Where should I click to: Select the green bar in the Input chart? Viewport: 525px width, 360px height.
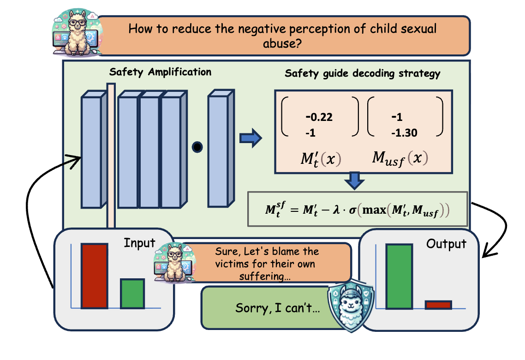(x=132, y=294)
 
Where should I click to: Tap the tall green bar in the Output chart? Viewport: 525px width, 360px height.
(x=399, y=276)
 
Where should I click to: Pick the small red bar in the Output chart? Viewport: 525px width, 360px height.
(x=438, y=305)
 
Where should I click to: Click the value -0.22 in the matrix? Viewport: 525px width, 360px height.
(x=319, y=117)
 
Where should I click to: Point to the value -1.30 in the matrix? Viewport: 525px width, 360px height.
(x=404, y=133)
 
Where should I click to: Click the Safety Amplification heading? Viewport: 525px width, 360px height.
(x=160, y=72)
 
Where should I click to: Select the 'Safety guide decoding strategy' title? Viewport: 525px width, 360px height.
(x=362, y=74)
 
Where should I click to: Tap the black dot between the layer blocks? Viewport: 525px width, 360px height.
(x=197, y=147)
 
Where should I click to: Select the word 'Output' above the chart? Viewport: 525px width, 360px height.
(x=446, y=244)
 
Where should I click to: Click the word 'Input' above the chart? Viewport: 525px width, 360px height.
(x=139, y=243)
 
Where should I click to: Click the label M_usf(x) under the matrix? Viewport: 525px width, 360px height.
(x=400, y=158)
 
